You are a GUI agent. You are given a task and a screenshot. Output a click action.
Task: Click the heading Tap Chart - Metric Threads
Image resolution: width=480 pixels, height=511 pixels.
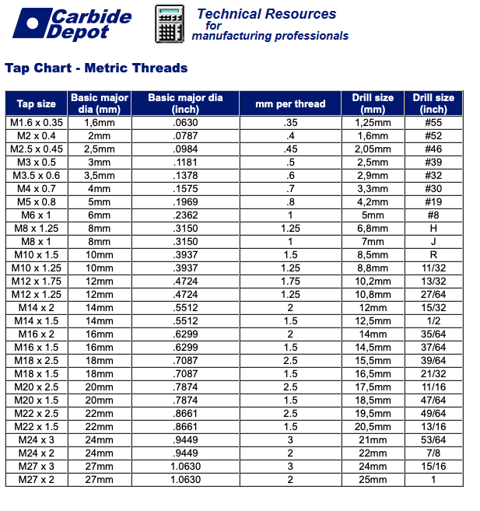point(96,68)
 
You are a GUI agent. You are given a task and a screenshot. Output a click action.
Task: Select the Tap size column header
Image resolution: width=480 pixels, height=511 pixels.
point(37,103)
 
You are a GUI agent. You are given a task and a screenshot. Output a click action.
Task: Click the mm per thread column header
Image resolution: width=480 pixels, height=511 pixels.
point(290,103)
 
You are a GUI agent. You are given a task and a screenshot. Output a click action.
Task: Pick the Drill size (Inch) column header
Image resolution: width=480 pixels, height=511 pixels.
point(433,103)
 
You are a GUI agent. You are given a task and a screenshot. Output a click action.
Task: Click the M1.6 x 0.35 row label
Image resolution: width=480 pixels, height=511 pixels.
point(37,123)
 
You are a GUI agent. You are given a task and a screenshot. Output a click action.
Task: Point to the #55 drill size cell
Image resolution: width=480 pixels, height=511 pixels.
point(433,123)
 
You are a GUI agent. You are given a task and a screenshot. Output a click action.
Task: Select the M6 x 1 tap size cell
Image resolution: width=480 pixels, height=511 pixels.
point(37,215)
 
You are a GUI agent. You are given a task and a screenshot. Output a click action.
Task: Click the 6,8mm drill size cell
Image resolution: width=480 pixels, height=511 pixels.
point(373,229)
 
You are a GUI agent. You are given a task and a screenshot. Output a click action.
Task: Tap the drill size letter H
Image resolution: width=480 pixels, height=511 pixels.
point(433,229)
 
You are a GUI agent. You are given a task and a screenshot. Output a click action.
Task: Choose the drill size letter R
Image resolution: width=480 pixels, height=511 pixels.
point(433,255)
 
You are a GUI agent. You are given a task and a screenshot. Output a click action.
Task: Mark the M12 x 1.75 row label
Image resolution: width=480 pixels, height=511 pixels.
point(37,281)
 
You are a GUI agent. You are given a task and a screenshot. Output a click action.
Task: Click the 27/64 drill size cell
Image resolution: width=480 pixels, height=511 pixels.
point(433,295)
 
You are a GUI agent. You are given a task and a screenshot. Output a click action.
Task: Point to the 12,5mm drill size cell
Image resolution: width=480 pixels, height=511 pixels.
point(373,321)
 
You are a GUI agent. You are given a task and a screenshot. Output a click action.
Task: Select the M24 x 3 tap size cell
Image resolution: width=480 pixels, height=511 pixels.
point(37,439)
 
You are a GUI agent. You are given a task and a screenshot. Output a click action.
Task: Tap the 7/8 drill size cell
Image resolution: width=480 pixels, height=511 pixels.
point(433,453)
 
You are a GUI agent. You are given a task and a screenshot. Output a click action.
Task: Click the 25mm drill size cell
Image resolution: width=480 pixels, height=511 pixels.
point(373,479)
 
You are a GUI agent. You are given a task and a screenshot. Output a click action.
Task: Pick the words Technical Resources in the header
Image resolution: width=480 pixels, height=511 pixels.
point(267,14)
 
